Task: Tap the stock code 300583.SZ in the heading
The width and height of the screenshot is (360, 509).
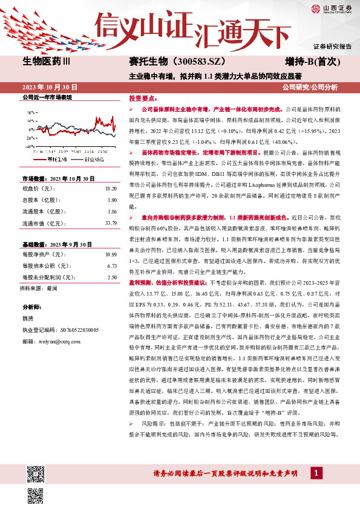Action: pyautogui.click(x=204, y=60)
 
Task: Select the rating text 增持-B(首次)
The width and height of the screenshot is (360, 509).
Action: pyautogui.click(x=319, y=60)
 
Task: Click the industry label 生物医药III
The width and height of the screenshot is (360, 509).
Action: pyautogui.click(x=46, y=60)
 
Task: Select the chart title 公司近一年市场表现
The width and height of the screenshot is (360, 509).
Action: pyautogui.click(x=47, y=97)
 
